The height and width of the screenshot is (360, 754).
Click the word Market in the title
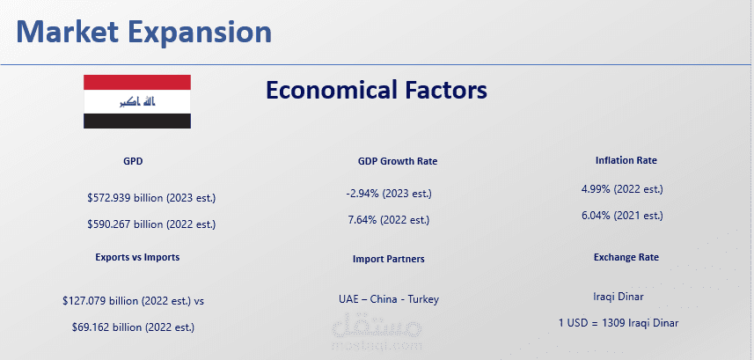point(68,32)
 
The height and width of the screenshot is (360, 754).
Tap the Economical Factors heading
point(376,90)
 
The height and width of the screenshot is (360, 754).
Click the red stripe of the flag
point(137,83)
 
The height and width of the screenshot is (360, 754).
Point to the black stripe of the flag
point(137,121)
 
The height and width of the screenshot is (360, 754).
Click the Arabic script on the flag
point(137,101)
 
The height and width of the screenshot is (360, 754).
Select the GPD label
point(133,161)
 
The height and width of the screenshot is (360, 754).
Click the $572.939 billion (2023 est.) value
point(151,198)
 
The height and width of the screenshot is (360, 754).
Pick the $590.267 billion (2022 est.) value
point(151,224)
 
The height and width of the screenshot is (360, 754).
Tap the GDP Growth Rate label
point(398,161)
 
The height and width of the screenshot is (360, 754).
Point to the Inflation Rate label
point(626,160)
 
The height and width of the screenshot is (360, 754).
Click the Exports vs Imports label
point(137,257)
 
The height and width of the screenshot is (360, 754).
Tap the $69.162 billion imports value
point(133,327)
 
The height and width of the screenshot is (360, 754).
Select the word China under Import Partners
point(384,299)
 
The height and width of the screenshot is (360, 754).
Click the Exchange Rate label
point(626,257)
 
